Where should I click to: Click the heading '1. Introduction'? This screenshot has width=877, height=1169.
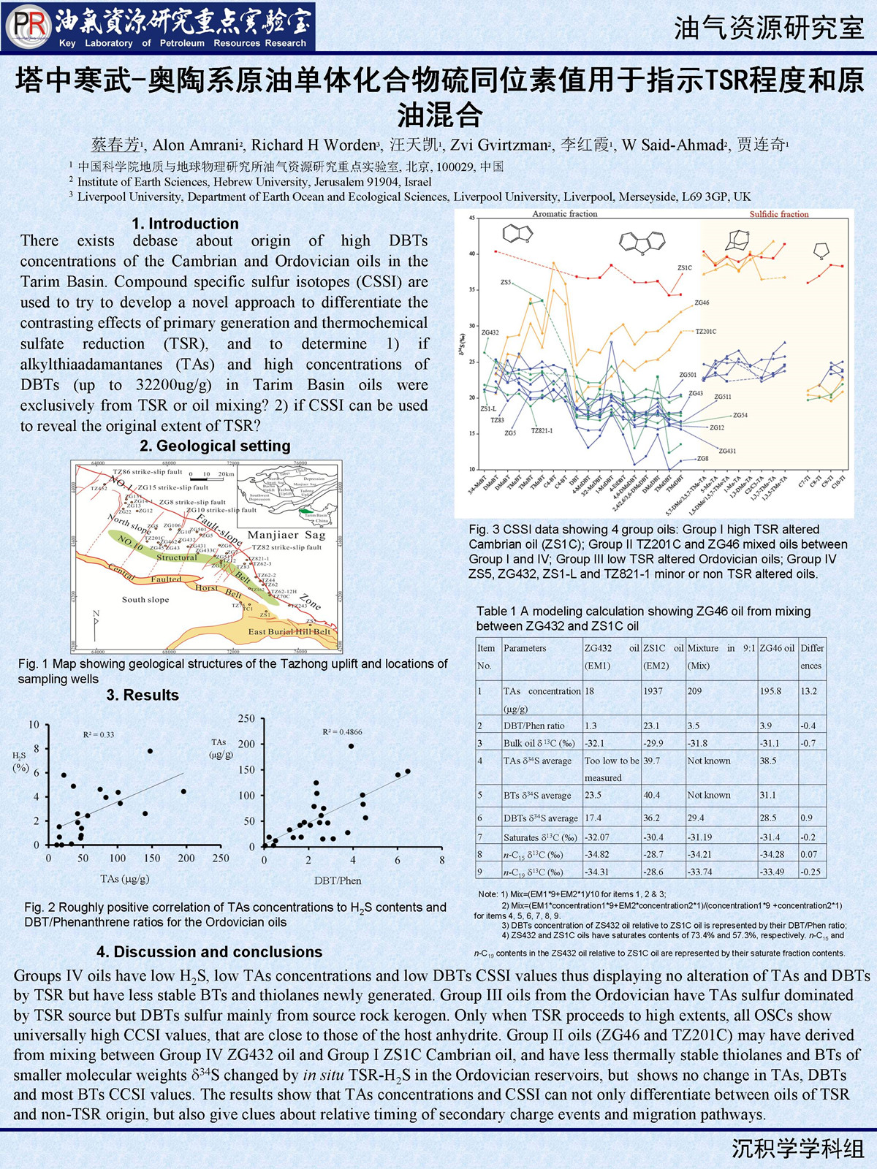(x=185, y=224)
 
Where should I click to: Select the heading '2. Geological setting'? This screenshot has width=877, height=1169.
(x=215, y=446)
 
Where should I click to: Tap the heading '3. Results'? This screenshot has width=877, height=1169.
(x=143, y=695)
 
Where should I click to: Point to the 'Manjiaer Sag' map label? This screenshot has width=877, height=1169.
(x=286, y=535)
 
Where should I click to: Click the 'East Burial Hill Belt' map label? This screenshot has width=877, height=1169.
(x=289, y=631)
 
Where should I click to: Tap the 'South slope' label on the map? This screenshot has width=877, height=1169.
(x=145, y=600)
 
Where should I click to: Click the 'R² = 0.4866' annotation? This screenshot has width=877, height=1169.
(x=342, y=731)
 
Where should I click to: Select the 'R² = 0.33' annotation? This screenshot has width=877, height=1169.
(x=98, y=734)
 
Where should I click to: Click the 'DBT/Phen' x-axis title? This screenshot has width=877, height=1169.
(x=338, y=880)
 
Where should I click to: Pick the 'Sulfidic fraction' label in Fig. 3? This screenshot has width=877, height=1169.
(x=779, y=214)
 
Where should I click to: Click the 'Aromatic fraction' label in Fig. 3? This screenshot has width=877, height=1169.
(x=564, y=214)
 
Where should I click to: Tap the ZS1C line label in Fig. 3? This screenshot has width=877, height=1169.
(x=684, y=268)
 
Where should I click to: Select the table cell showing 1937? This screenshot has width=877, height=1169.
(x=653, y=690)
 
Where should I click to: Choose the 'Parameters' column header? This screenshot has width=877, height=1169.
(x=525, y=648)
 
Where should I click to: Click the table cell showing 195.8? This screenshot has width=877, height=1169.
(x=770, y=690)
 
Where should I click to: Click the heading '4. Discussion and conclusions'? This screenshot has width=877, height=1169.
(x=209, y=952)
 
